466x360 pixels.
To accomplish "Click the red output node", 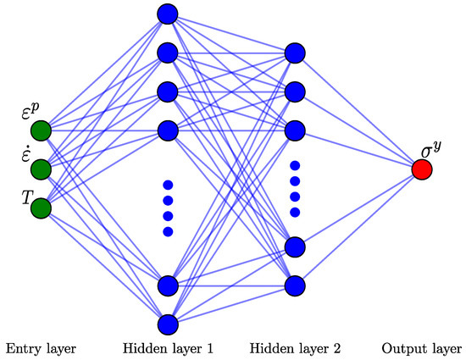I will [x=422, y=169].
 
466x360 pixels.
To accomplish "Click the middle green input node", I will [x=41, y=169].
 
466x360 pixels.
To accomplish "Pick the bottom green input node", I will [x=41, y=208].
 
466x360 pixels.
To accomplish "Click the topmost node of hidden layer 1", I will [x=167, y=14].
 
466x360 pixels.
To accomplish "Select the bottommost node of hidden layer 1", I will [x=167, y=324].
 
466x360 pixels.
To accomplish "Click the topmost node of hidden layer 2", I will [x=295, y=53].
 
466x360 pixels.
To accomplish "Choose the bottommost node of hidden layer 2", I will [x=295, y=285].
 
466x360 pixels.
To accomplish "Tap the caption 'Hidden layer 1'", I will [x=167, y=348].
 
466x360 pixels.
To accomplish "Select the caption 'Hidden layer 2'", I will [x=296, y=348].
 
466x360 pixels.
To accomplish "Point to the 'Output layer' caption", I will [x=422, y=348].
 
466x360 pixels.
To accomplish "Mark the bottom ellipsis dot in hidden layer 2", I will [x=295, y=212].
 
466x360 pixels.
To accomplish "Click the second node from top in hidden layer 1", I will [x=167, y=53].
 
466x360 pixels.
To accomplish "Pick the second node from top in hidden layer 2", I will [x=295, y=91].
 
